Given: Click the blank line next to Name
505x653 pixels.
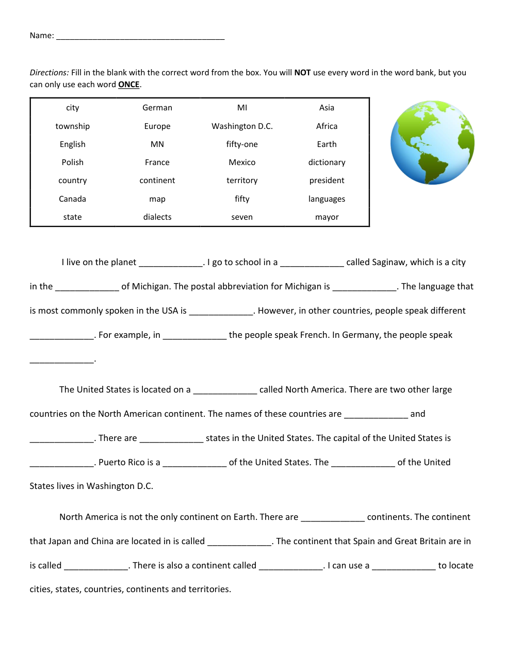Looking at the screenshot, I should click(140, 36).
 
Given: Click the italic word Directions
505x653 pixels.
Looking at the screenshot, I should click(48, 73).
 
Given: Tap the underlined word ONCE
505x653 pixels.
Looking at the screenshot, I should click(129, 85).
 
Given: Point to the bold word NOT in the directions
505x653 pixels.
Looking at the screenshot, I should click(302, 73).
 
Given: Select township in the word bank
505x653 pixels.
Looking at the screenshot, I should click(73, 126).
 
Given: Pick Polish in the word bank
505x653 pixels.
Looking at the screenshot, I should click(73, 162).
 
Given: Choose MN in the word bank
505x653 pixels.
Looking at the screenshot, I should click(157, 144).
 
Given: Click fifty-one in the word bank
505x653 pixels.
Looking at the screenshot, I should click(242, 144).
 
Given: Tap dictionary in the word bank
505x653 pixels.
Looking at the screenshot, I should click(327, 162).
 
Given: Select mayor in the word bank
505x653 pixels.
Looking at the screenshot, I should click(327, 217).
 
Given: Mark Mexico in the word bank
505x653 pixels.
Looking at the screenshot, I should click(242, 162).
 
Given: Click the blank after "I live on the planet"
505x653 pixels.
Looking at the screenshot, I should click(171, 263).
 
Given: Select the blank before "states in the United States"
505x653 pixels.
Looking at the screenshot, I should click(171, 438).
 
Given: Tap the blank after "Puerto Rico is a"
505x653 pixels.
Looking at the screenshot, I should click(194, 463).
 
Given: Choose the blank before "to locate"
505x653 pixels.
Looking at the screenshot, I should click(404, 566).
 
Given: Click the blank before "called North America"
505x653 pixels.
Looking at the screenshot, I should click(225, 390).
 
